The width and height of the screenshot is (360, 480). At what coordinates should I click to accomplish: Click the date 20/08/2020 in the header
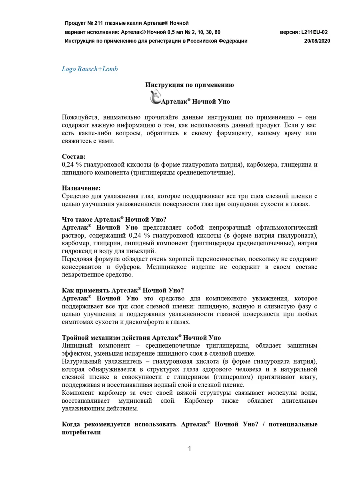click(317, 41)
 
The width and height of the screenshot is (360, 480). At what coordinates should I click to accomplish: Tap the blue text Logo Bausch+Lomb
click(90, 69)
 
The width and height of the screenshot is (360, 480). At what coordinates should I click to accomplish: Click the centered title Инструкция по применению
click(190, 85)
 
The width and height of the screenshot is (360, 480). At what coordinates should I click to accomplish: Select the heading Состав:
click(74, 156)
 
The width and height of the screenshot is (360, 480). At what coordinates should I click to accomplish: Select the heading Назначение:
click(81, 188)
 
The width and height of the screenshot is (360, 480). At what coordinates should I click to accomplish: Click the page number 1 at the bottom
click(190, 449)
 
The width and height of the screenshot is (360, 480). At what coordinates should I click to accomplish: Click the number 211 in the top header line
click(102, 23)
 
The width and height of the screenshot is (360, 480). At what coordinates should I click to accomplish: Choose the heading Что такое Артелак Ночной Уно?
click(114, 220)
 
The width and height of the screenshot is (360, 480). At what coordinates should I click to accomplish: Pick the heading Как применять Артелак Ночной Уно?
click(123, 290)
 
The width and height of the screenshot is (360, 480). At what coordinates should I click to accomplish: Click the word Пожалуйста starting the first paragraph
click(81, 117)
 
